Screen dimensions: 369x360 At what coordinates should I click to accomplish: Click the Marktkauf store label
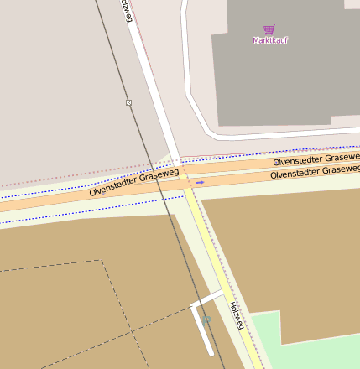click(x=269, y=39)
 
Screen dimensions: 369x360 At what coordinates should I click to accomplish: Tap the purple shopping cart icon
click(x=269, y=29)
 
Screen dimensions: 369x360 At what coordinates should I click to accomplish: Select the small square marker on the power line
click(x=128, y=102)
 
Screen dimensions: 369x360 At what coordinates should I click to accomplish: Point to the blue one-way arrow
click(x=200, y=181)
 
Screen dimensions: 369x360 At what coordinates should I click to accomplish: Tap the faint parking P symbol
click(x=206, y=320)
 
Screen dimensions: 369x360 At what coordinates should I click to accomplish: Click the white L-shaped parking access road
click(x=201, y=327)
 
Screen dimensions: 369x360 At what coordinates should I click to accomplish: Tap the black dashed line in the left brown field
click(x=50, y=267)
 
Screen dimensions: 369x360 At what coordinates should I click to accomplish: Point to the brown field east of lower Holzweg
click(x=285, y=252)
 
